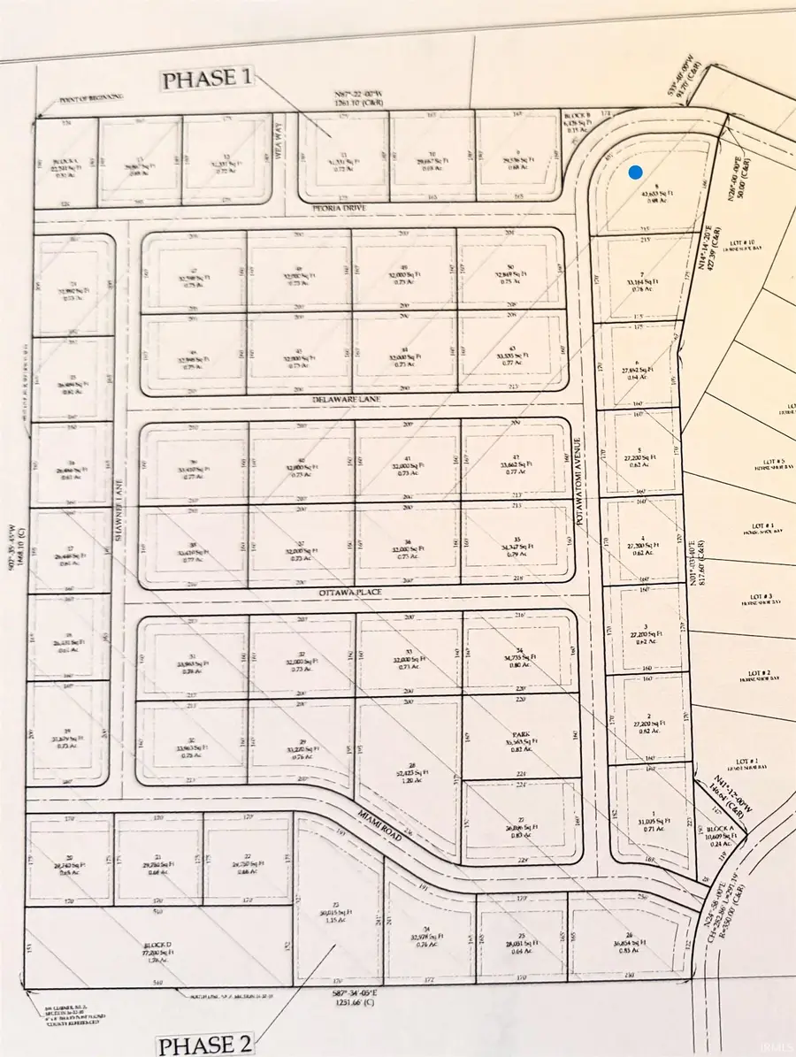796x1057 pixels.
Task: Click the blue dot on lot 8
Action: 634,172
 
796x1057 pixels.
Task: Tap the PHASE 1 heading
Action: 206,80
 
